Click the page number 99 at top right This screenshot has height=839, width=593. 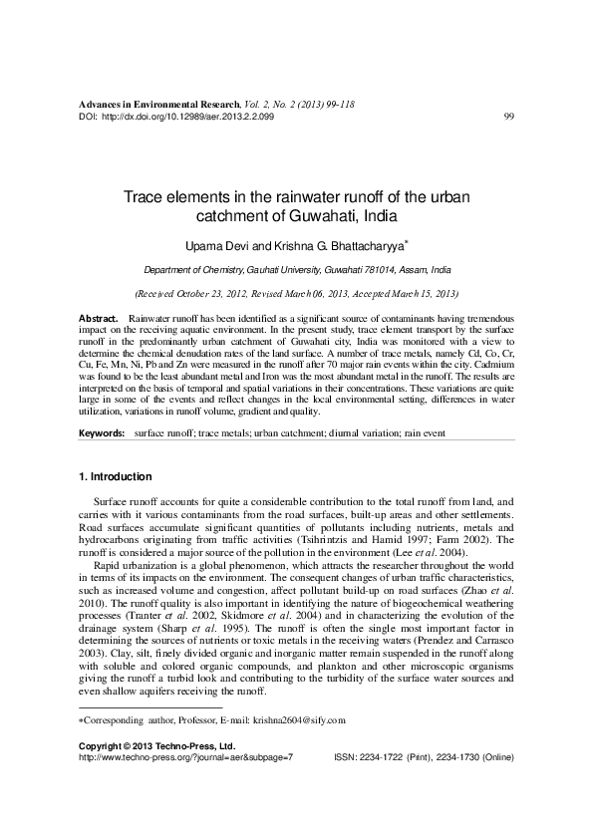(508, 117)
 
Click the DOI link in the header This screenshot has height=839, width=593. (187, 117)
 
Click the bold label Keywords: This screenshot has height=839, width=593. (102, 435)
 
